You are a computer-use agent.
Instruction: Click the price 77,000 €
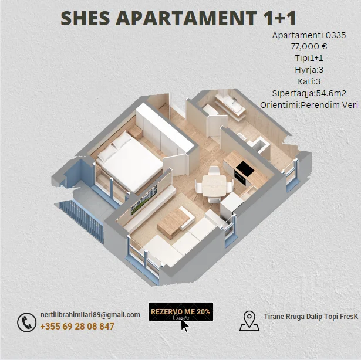pyautogui.click(x=309, y=46)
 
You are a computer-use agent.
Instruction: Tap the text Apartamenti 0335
pyautogui.click(x=309, y=35)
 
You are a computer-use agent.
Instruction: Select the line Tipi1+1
pyautogui.click(x=309, y=58)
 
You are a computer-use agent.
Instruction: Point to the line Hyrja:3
pyautogui.click(x=309, y=70)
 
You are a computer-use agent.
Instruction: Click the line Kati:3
pyautogui.click(x=309, y=81)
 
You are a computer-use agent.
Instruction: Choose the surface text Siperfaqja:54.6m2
pyautogui.click(x=309, y=93)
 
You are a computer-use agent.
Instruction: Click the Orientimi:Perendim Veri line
pyautogui.click(x=309, y=104)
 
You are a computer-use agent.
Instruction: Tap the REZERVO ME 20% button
pyautogui.click(x=180, y=311)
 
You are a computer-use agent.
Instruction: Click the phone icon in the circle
pyautogui.click(x=26, y=322)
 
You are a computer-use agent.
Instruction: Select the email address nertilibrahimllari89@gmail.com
pyautogui.click(x=90, y=315)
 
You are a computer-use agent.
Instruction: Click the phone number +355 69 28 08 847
pyautogui.click(x=77, y=327)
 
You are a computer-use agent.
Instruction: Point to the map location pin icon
pyautogui.click(x=249, y=321)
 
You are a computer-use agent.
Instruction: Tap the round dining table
pyautogui.click(x=214, y=181)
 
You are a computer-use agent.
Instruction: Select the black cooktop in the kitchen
pyautogui.click(x=243, y=170)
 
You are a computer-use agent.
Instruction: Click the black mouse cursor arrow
pyautogui.click(x=185, y=324)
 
